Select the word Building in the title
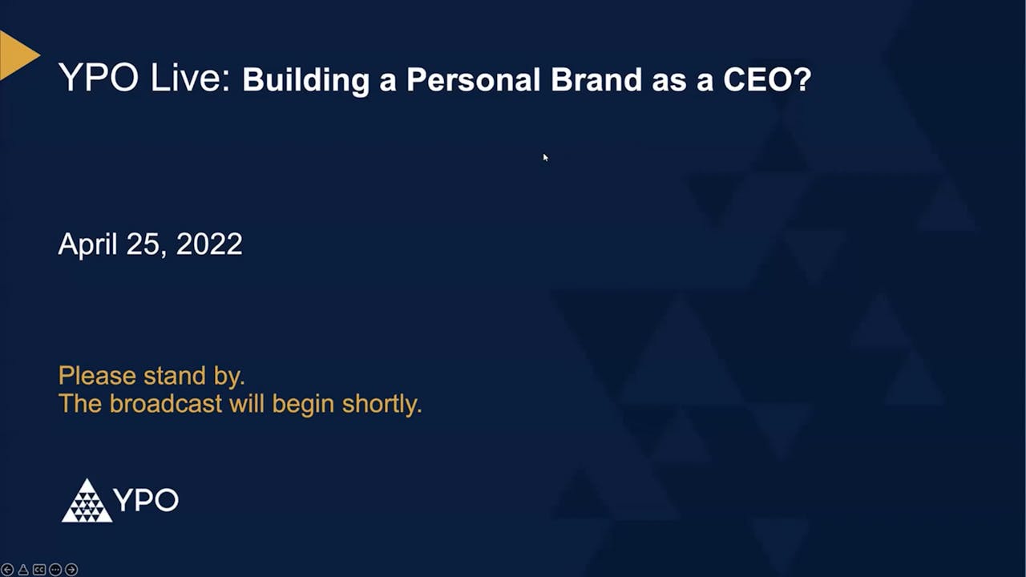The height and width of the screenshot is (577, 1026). point(305,80)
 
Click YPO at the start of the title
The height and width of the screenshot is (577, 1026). point(98,79)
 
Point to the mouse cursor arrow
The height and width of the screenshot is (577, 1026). point(545,157)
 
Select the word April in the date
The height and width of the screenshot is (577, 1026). point(87,244)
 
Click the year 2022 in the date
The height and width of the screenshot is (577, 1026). point(209,244)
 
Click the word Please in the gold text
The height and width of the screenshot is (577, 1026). point(97,375)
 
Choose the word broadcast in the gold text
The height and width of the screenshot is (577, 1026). point(165,403)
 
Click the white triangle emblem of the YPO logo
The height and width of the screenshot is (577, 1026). point(87,502)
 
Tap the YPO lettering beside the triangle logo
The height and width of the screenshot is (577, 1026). point(146,500)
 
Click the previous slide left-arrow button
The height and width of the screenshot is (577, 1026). point(7,570)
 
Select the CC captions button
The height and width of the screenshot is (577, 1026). point(39,570)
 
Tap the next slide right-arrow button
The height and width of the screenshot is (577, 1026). point(71,570)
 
